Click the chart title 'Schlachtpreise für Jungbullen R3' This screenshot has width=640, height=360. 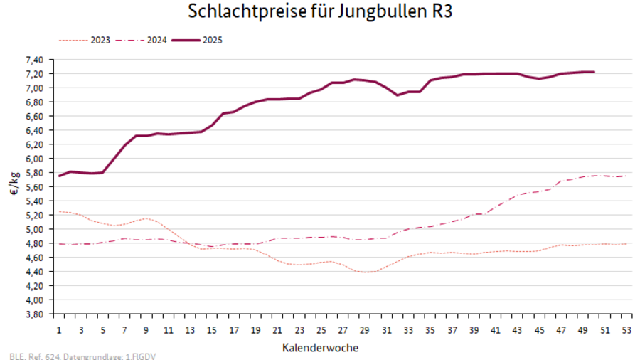(320, 12)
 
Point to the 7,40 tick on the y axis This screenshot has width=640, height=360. (35, 60)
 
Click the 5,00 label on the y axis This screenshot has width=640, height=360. (35, 229)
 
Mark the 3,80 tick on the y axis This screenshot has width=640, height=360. (35, 314)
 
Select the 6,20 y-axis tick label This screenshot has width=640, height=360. (35, 144)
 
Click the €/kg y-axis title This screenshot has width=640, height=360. (15, 186)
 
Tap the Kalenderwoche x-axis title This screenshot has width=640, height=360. (320, 347)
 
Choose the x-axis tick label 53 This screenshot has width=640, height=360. (626, 331)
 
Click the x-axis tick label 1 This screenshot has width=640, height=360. (59, 331)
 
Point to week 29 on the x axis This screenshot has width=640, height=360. (364, 331)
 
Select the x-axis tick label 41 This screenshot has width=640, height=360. (495, 331)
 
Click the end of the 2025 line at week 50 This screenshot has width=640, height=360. (594, 72)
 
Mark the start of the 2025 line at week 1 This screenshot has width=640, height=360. (59, 176)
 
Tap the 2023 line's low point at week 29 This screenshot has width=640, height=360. (365, 272)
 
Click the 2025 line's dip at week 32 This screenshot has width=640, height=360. (398, 95)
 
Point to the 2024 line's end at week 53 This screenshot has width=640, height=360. (626, 176)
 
